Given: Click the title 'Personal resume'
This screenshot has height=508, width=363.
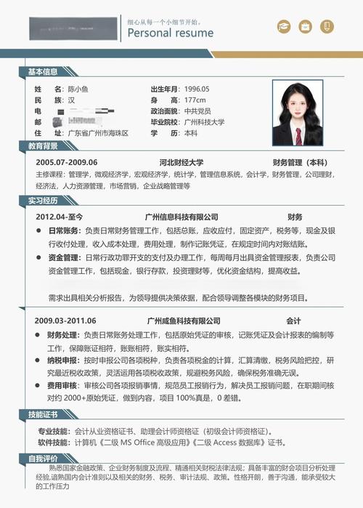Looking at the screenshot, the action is coord(171,33).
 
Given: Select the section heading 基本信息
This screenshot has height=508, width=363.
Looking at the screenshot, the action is coord(43,72).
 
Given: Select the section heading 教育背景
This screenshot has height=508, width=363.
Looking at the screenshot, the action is coord(43,146).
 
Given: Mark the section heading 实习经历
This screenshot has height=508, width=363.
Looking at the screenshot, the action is coord(43,200).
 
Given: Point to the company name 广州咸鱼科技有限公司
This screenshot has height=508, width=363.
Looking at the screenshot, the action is coord(183,320).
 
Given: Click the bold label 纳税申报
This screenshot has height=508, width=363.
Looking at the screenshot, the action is coord(64,360).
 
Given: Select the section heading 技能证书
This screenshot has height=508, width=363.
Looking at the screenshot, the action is coord(43,414).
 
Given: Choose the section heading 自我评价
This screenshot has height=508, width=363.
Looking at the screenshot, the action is coord(43,459).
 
